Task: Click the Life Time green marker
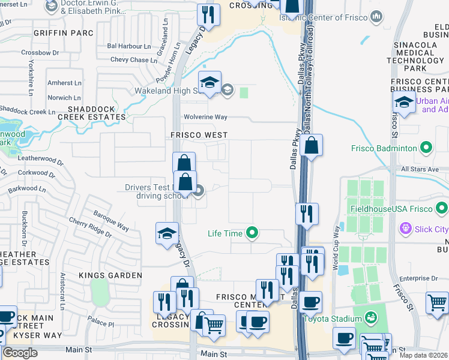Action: pos(253,233)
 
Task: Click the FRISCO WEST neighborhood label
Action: pos(199,135)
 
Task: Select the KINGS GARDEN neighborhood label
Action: pos(110,275)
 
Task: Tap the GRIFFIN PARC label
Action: pos(64,33)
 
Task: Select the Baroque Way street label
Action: pos(110,220)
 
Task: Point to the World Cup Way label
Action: pos(336,239)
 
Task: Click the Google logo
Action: pos(20,353)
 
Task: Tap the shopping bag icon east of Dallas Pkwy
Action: pos(312,146)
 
